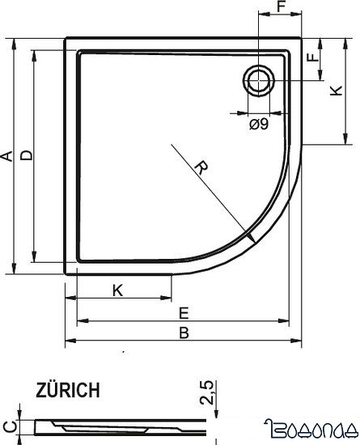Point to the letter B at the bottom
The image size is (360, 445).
point(184,333)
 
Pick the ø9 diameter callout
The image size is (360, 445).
point(260,124)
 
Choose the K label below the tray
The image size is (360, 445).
point(118,290)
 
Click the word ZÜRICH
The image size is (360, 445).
point(68,391)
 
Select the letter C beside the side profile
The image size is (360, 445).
point(8,425)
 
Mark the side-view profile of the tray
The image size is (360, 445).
point(121,424)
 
